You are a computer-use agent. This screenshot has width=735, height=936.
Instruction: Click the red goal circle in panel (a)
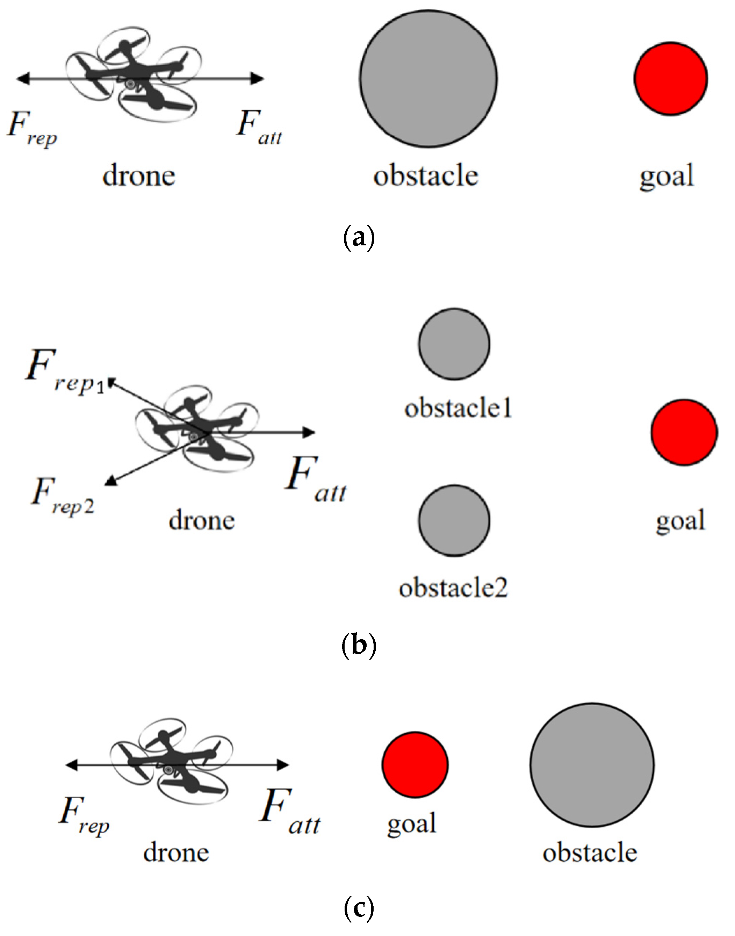670,78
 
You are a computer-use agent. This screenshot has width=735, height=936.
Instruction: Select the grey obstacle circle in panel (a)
428,78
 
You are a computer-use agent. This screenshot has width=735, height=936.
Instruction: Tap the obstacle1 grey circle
454,344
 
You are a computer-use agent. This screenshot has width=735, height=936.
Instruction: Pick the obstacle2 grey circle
454,521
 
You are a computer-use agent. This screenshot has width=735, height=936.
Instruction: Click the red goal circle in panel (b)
684,432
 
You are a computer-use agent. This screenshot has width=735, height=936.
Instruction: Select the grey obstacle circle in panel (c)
592,765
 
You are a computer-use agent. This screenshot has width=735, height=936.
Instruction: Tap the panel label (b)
359,646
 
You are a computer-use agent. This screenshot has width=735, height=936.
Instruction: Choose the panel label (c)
359,908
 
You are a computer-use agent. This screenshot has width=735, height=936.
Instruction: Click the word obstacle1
458,408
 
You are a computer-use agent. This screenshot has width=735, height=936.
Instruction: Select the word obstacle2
453,588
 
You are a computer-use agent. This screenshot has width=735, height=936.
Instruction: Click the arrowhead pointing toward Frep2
111,481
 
